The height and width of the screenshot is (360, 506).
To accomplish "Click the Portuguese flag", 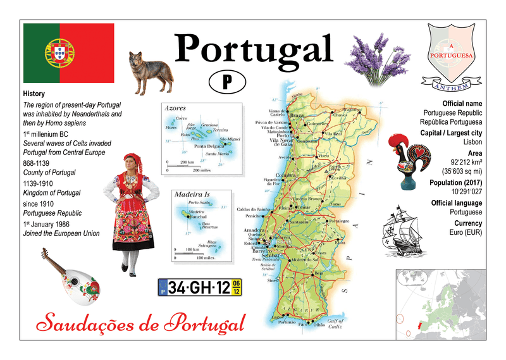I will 68,54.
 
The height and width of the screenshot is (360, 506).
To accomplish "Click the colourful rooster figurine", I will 410,159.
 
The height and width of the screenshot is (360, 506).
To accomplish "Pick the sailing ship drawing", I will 404,228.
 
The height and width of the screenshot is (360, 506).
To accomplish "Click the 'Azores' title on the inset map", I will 175,108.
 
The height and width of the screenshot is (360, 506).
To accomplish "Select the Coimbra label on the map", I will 286,176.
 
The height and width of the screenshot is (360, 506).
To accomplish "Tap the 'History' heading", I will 34,94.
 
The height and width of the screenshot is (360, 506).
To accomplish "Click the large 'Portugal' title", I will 254,48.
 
